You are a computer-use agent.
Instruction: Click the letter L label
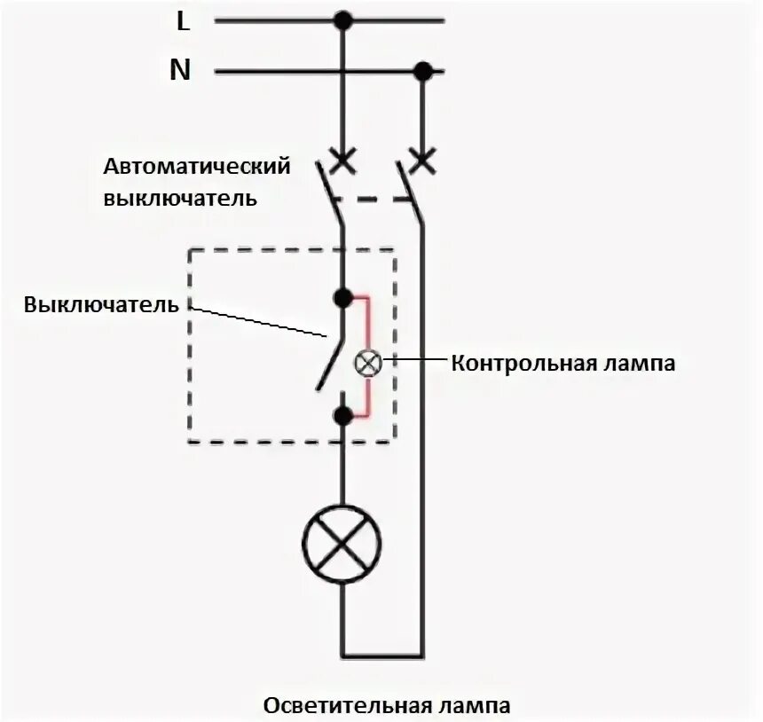coord(184,21)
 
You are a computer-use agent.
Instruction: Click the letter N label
coord(181,70)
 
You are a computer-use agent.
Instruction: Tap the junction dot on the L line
coord(342,20)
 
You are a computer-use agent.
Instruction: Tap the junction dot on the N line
coord(424,71)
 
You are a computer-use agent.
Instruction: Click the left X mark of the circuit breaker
coord(342,161)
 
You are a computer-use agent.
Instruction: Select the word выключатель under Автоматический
coord(181,197)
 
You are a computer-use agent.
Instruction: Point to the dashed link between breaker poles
coord(374,200)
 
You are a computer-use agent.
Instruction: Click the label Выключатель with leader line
coord(101,305)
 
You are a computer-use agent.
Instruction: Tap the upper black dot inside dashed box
coord(342,298)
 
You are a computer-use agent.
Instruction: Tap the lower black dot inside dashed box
coord(342,414)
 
